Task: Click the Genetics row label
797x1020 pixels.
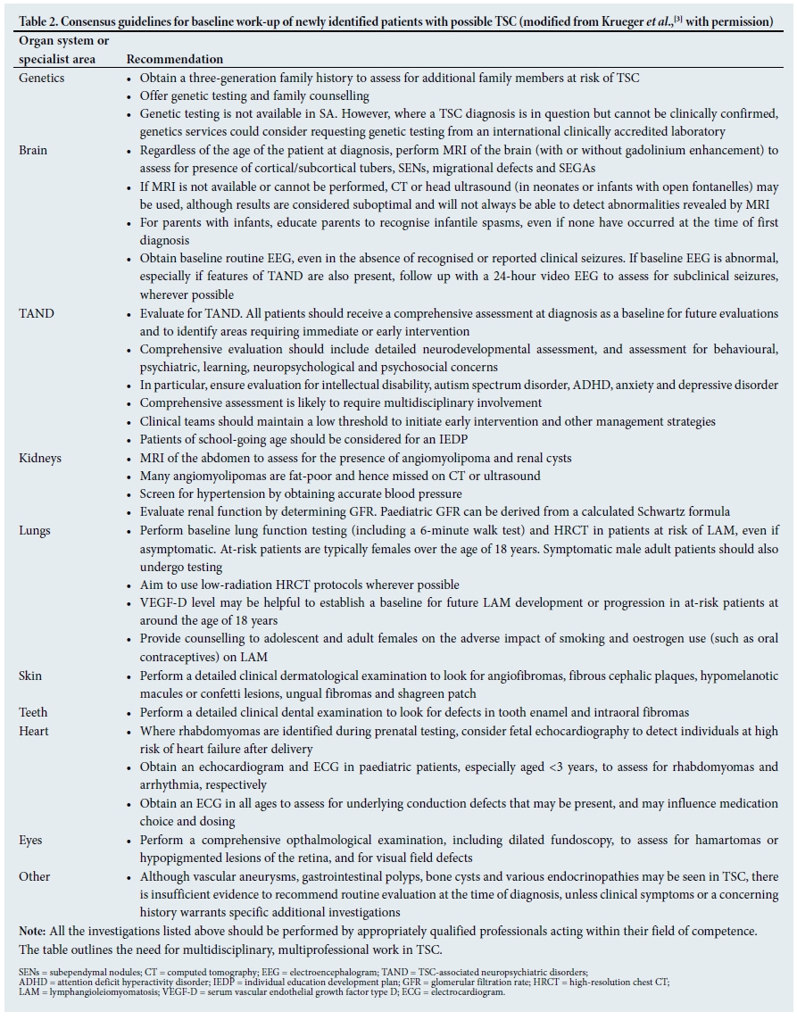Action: [41, 78]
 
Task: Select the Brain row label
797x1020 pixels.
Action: [34, 150]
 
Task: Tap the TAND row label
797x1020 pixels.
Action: [37, 313]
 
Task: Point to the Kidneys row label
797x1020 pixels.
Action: [40, 458]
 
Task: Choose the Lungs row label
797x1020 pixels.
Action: [35, 530]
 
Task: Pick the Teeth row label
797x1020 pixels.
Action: [34, 712]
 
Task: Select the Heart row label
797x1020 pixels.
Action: [35, 730]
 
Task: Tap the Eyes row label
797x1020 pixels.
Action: [31, 840]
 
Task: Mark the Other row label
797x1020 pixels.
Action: [35, 876]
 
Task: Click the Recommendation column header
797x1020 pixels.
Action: [175, 59]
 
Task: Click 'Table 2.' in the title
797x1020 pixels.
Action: [41, 21]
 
